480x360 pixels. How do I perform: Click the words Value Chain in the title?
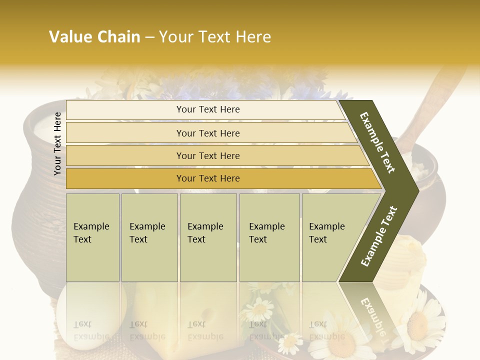pos(94,37)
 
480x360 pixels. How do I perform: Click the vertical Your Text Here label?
pos(57,143)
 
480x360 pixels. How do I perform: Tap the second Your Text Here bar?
pos(207,133)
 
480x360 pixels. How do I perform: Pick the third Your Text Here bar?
pos(207,155)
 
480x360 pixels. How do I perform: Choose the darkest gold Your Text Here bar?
pos(207,178)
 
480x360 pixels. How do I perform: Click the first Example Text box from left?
pos(92,237)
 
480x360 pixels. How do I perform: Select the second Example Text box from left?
pos(149,237)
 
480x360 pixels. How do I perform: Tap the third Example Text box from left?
pos(207,237)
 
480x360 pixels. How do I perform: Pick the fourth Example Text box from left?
pos(269,237)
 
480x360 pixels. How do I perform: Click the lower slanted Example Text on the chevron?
pos(379,236)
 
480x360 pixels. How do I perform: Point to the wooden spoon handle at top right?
pos(440,90)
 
